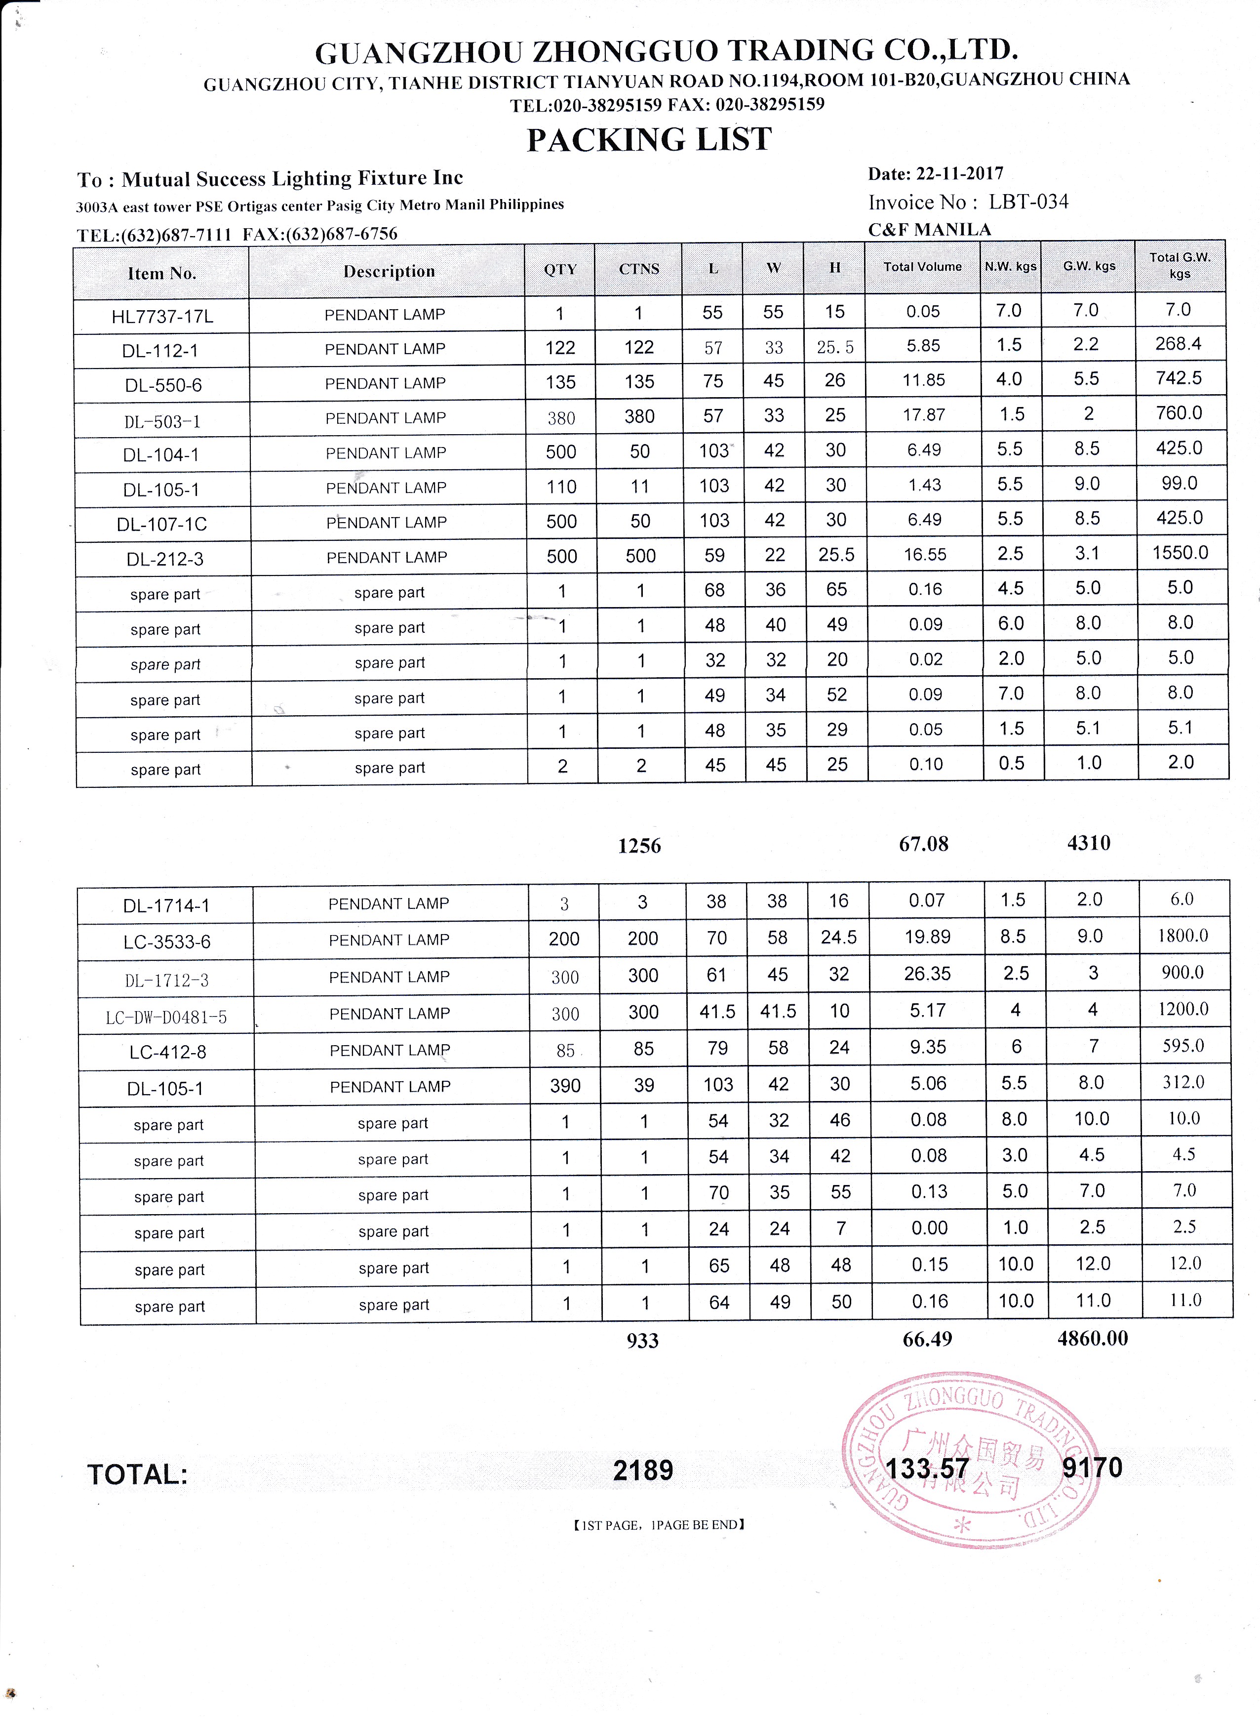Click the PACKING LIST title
649,140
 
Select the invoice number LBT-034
1028,202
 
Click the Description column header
389,272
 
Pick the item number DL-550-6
163,385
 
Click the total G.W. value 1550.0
1180,552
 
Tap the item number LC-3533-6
167,941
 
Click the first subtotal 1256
639,846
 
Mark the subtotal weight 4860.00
1092,1339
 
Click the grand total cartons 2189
643,1470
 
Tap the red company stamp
970,1461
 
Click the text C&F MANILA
929,230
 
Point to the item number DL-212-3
165,559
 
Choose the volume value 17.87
924,415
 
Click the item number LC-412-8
168,1052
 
